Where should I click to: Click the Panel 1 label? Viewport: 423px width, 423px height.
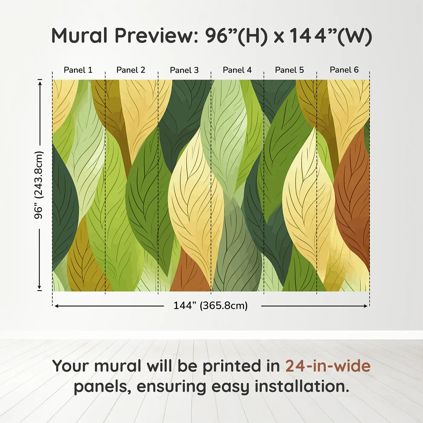pyautogui.click(x=78, y=70)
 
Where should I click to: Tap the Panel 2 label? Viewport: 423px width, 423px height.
pyautogui.click(x=131, y=70)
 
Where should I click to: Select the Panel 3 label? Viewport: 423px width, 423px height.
pyautogui.click(x=184, y=70)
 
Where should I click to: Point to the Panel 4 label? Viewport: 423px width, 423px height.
pyautogui.click(x=237, y=70)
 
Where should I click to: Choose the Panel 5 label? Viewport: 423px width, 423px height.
pyautogui.click(x=289, y=70)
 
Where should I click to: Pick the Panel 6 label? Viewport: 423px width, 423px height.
pyautogui.click(x=344, y=70)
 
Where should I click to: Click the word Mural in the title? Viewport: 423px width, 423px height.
pyautogui.click(x=79, y=36)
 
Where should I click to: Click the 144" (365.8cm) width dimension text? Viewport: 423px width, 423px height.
pyautogui.click(x=211, y=305)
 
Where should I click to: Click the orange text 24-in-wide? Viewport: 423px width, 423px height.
pyautogui.click(x=328, y=366)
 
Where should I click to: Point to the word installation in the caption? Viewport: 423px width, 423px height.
pyautogui.click(x=302, y=386)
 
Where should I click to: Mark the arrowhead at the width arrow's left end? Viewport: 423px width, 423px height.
pyautogui.click(x=56, y=306)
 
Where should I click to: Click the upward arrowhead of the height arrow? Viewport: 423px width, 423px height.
pyautogui.click(x=40, y=83)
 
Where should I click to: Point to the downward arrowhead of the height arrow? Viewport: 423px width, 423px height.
pyautogui.click(x=40, y=287)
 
